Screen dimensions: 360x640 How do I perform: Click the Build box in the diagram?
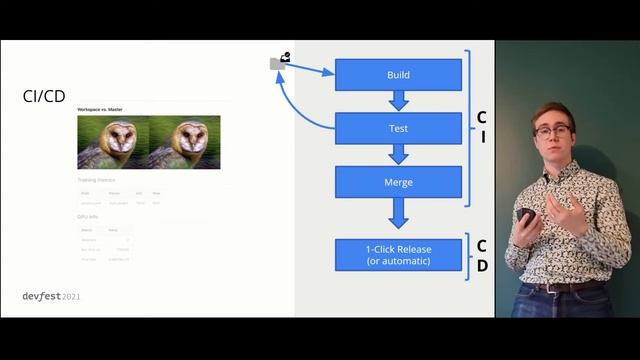[x=398, y=75]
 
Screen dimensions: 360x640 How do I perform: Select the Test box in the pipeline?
[x=398, y=128]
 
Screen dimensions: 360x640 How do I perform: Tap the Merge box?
[x=398, y=182]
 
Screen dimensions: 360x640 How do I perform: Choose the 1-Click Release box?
[x=398, y=254]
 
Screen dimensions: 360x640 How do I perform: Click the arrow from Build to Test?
[x=398, y=101]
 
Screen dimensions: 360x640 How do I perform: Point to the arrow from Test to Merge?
[x=398, y=155]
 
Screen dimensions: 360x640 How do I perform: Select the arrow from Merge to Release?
[x=398, y=213]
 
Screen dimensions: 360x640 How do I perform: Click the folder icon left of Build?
[x=278, y=63]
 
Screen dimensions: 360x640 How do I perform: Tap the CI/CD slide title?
[x=45, y=96]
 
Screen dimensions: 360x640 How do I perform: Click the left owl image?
[x=113, y=142]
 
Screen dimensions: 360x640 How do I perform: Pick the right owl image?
[x=185, y=142]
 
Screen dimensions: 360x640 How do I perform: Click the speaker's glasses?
[x=551, y=131]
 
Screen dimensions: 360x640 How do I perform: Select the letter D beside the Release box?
[x=482, y=266]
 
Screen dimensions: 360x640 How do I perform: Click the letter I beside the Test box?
[x=482, y=137]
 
